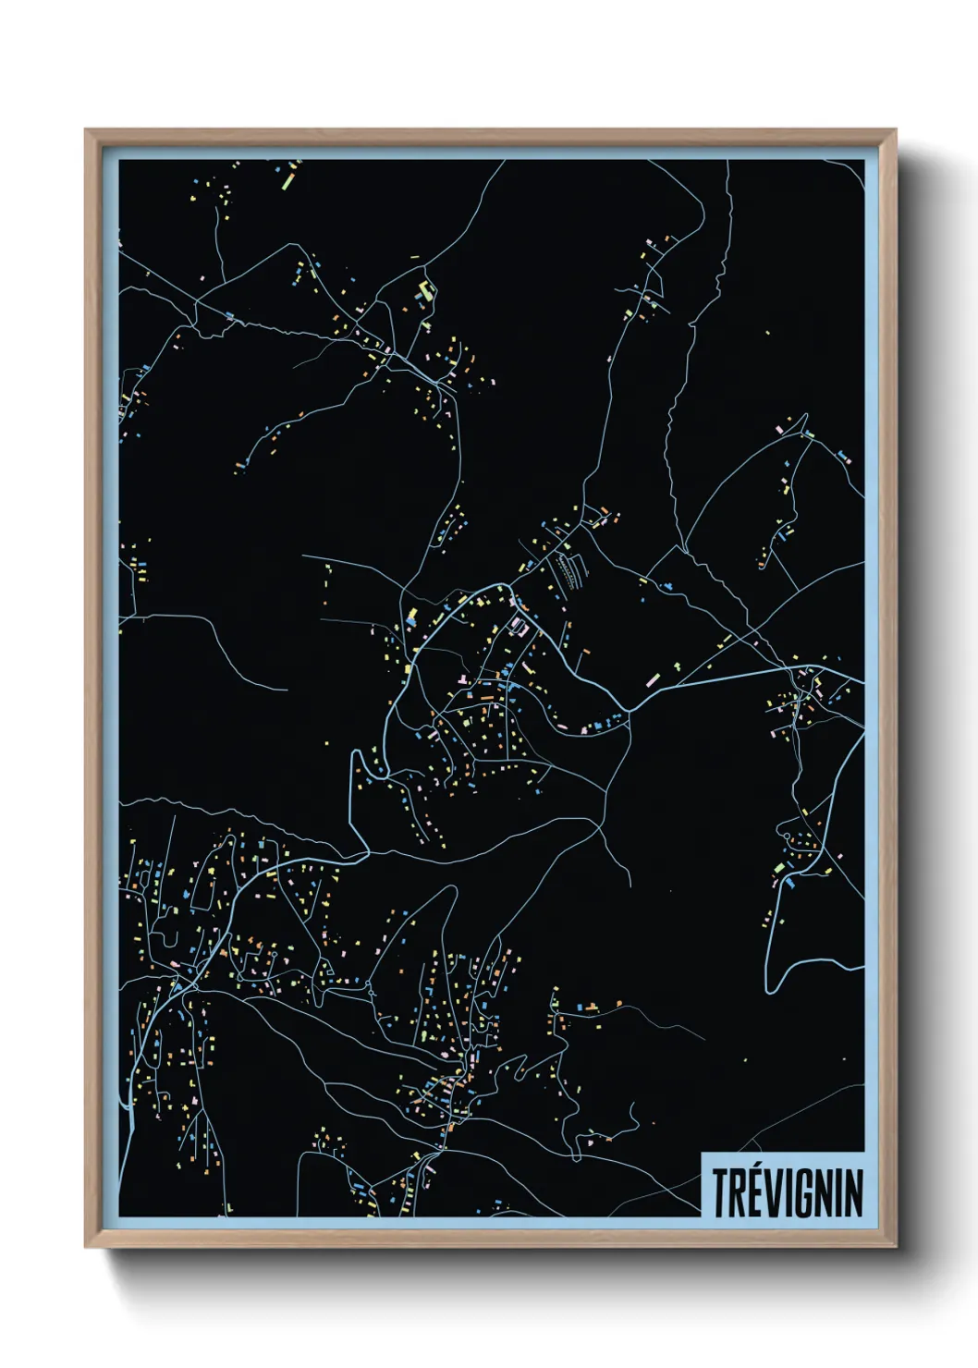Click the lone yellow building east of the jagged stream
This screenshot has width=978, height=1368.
click(766, 333)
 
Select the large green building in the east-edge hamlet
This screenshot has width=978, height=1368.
click(780, 867)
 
